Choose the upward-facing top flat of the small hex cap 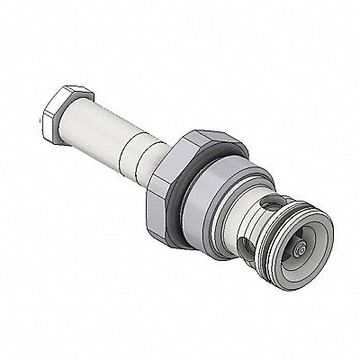coord(72,93)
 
